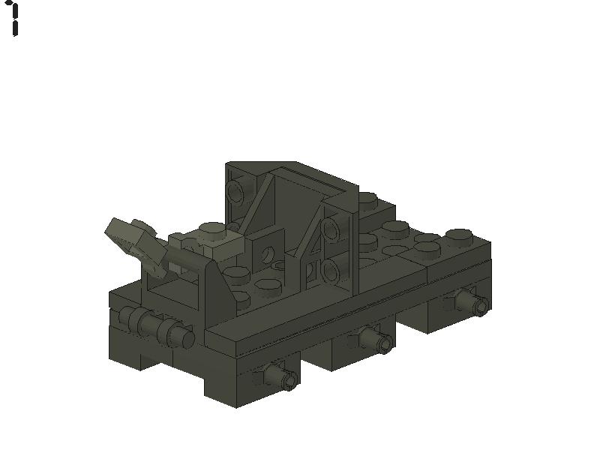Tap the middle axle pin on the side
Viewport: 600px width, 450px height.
pyautogui.click(x=377, y=341)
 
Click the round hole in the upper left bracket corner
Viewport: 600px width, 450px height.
pyautogui.click(x=236, y=193)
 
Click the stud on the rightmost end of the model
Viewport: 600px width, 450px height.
pyautogui.click(x=459, y=235)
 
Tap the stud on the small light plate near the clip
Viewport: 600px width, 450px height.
pyautogui.click(x=212, y=229)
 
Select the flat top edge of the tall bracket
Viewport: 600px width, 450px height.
pyautogui.click(x=262, y=165)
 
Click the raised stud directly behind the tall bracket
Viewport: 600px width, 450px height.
pyautogui.click(x=366, y=199)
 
